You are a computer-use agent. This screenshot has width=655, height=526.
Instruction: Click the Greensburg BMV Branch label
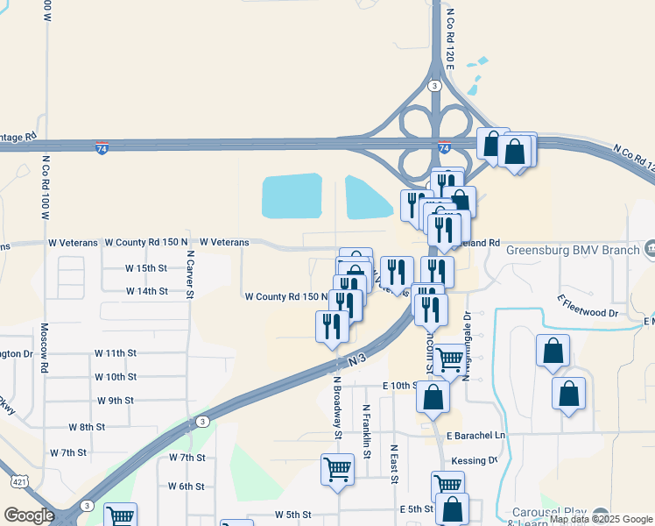(574, 249)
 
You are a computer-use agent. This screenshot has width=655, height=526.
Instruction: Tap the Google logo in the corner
(28, 515)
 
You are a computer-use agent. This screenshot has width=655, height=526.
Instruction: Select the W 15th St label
(145, 268)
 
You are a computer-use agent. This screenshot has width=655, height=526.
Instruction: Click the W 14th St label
(146, 291)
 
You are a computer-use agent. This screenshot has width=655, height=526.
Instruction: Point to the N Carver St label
(189, 275)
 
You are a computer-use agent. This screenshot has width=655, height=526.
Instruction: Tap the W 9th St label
(116, 401)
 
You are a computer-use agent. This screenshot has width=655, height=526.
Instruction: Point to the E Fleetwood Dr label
(588, 306)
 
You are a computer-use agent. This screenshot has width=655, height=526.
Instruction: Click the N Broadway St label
(336, 408)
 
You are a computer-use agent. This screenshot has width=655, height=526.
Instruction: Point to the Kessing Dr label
(474, 460)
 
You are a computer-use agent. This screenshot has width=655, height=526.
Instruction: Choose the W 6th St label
(186, 487)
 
